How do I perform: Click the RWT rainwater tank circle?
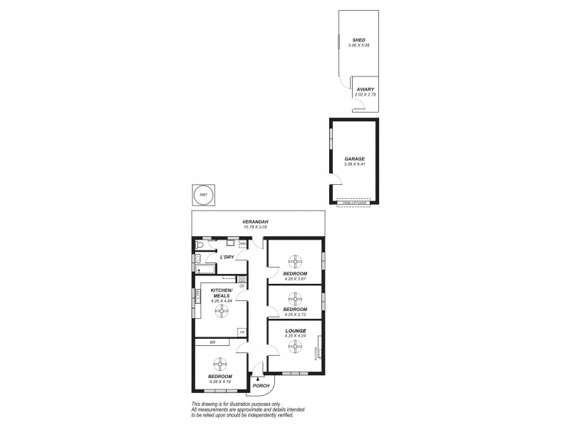point(204,195)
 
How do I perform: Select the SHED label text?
point(358,40)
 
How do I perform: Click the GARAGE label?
point(354,158)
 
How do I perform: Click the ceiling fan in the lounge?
point(294,345)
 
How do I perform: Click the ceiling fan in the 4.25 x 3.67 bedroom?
point(294,260)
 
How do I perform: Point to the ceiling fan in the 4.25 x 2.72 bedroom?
point(294,297)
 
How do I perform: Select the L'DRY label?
point(227,257)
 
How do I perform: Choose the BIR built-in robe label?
point(212,342)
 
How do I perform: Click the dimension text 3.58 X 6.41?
point(354,165)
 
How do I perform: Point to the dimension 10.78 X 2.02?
point(256,228)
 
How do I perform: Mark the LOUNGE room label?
point(295,330)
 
